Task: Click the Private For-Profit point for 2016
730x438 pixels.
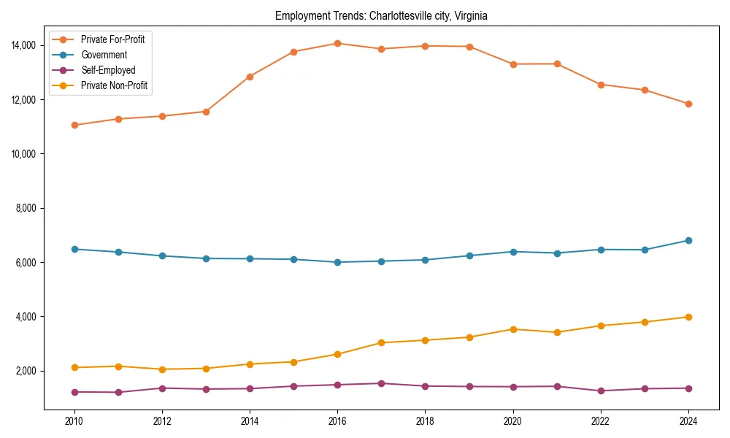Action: click(337, 43)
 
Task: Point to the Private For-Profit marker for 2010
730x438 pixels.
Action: click(74, 125)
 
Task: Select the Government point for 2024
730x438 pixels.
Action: click(688, 240)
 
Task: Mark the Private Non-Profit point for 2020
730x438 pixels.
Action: click(513, 329)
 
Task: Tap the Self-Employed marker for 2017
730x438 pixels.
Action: click(381, 383)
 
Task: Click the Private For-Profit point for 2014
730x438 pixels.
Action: click(250, 76)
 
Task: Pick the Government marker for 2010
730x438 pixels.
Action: click(74, 249)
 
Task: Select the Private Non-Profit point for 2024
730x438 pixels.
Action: click(688, 317)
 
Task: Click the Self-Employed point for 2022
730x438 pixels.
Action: click(601, 391)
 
